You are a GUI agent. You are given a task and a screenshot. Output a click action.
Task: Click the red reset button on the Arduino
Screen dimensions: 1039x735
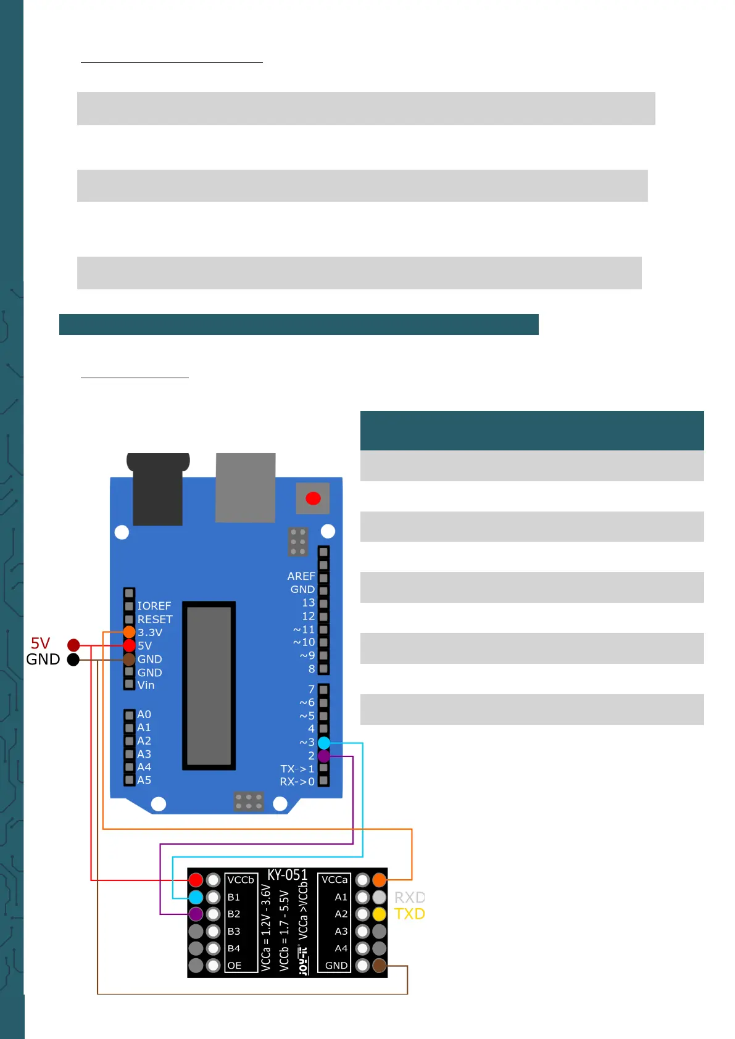point(313,499)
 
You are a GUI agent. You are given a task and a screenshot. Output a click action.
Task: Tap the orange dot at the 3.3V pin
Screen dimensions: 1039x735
point(129,632)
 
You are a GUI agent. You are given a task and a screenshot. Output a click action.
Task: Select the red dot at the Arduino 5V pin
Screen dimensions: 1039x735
point(129,645)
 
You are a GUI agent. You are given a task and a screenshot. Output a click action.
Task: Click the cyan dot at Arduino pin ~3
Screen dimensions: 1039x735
point(323,743)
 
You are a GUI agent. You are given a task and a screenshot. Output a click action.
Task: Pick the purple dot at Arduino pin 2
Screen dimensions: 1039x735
point(323,756)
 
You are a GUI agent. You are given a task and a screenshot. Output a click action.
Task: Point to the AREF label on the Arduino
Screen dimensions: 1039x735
point(301,576)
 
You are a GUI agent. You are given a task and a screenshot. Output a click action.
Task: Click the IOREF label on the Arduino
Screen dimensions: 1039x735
point(154,606)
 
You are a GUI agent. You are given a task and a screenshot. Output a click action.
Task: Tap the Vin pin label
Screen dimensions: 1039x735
point(146,685)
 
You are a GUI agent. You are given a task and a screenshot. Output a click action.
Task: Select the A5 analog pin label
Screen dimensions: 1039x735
point(144,780)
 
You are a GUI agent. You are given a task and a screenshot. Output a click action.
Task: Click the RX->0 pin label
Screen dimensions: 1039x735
point(297,782)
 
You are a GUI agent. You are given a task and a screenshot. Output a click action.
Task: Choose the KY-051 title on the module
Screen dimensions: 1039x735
point(288,875)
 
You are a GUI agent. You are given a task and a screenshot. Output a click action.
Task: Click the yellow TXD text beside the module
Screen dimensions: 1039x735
point(410,914)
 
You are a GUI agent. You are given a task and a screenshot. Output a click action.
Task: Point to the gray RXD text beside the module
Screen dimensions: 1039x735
point(410,898)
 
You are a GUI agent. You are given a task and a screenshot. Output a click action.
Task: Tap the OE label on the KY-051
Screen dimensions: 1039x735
point(235,966)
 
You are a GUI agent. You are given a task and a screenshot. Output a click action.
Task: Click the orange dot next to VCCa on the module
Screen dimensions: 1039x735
point(380,880)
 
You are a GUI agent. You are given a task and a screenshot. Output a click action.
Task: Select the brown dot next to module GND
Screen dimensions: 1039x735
point(380,966)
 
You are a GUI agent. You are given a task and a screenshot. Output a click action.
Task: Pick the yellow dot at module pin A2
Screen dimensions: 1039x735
point(380,914)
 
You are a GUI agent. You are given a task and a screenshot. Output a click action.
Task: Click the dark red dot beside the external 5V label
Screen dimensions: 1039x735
point(73,645)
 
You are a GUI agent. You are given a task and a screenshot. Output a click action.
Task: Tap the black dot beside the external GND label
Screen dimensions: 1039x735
point(73,660)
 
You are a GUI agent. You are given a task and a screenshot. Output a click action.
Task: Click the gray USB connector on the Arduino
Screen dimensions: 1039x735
point(246,487)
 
